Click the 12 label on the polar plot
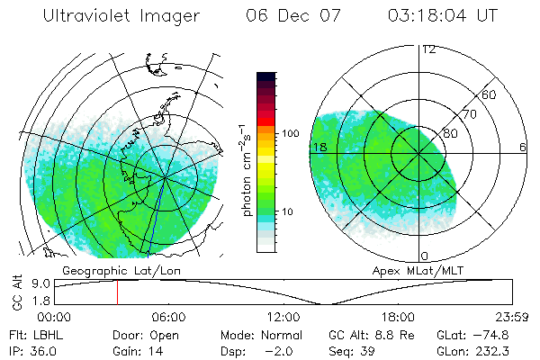pyautogui.click(x=428, y=49)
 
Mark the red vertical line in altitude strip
pyautogui.click(x=116, y=292)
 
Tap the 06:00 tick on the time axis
pyautogui.click(x=168, y=317)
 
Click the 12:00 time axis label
pyautogui.click(x=283, y=317)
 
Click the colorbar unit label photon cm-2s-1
pyautogui.click(x=244, y=171)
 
